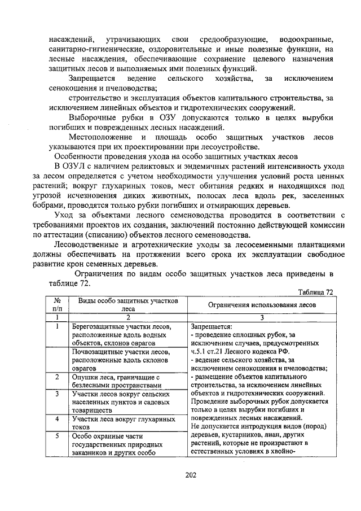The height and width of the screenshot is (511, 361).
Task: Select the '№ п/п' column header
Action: point(57,305)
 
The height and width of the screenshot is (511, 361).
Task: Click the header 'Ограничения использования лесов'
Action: point(262,305)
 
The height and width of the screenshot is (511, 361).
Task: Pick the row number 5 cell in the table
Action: point(57,436)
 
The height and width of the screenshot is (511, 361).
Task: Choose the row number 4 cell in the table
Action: point(57,419)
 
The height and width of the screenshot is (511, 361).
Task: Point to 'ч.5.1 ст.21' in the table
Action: point(210,351)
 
